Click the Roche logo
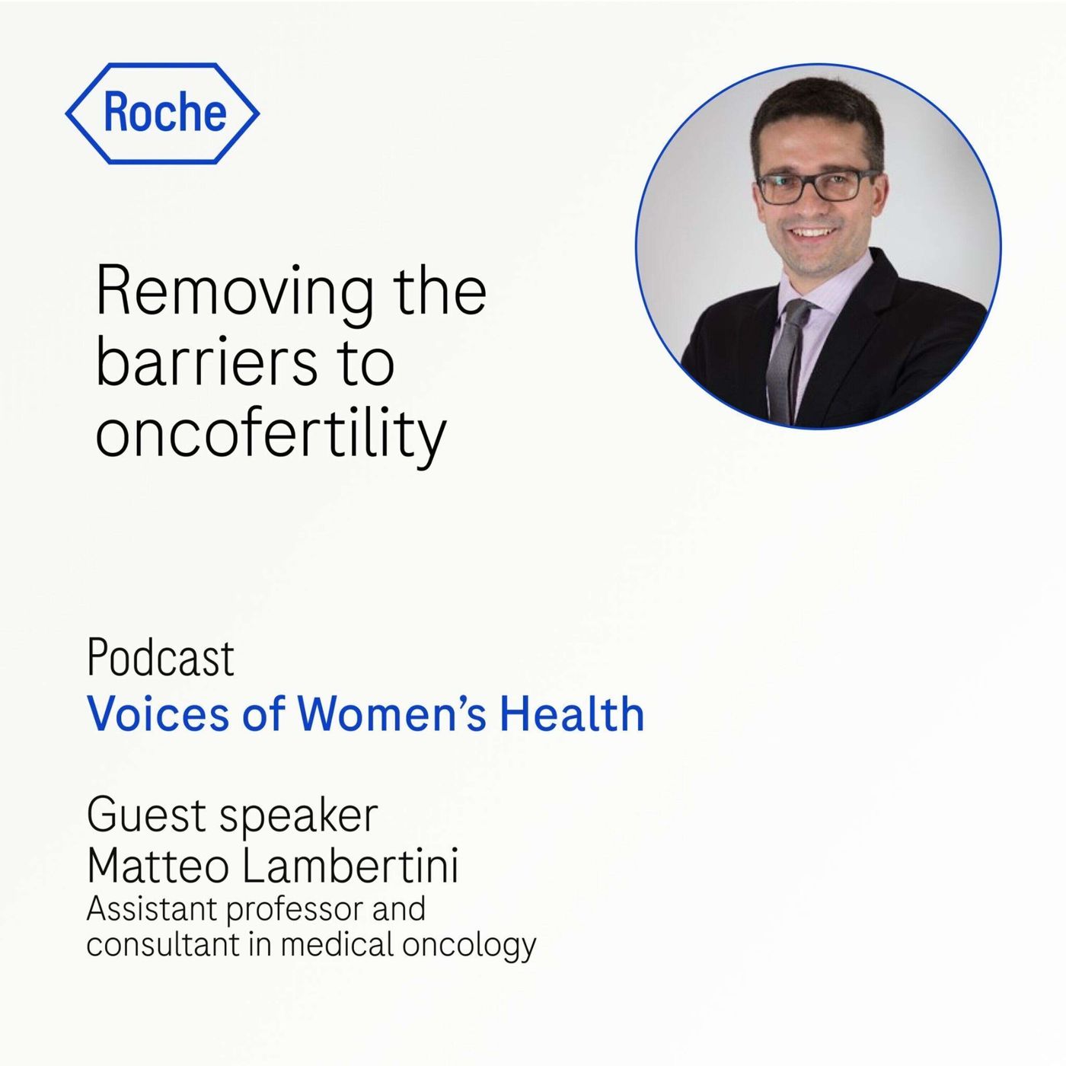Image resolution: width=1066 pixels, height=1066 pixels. tap(162, 113)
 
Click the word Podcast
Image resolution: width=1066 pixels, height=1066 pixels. tap(161, 658)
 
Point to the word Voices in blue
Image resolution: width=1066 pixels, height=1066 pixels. tap(158, 714)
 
